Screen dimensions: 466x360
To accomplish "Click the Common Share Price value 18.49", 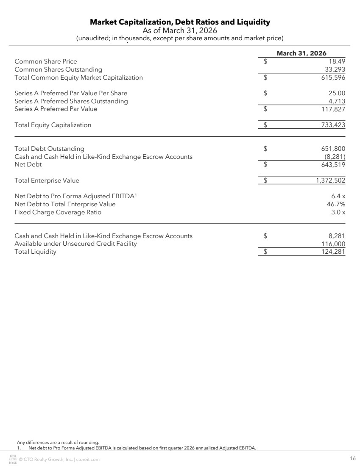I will click(337, 61).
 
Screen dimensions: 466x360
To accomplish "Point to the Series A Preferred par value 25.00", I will click(337, 93).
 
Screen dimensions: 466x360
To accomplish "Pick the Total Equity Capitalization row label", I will click(53, 125).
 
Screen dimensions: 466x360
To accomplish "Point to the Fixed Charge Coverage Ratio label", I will click(58, 212).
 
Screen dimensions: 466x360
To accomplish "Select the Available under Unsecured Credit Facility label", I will click(75, 244).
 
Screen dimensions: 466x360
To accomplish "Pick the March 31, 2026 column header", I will click(301, 53).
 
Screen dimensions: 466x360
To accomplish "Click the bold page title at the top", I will click(180, 22).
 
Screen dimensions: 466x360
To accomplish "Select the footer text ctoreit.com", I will click(88, 460).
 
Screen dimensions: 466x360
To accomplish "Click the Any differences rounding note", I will click(58, 443).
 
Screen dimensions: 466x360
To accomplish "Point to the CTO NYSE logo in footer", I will click(13, 459).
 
